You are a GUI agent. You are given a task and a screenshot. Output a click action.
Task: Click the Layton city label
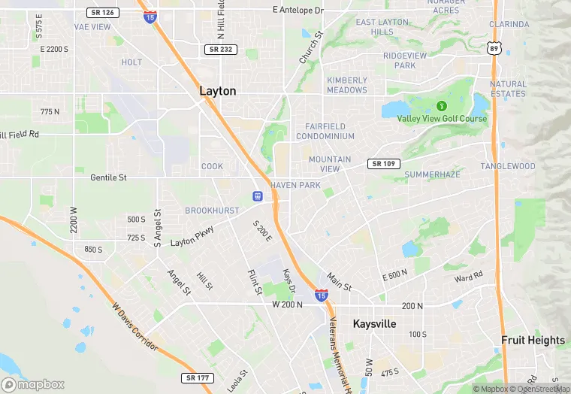pyautogui.click(x=217, y=91)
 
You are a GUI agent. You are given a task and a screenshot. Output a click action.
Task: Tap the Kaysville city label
pyautogui.click(x=374, y=323)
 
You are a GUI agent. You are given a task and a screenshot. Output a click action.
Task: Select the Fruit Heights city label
pyautogui.click(x=533, y=340)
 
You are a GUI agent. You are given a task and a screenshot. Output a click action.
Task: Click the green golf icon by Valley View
pyautogui.click(x=442, y=105)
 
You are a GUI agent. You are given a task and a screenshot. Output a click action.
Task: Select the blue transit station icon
pyautogui.click(x=257, y=197)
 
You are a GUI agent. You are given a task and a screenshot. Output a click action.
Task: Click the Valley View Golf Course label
pyautogui.click(x=442, y=119)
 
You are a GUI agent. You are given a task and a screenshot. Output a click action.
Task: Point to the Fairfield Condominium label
pyautogui.click(x=325, y=132)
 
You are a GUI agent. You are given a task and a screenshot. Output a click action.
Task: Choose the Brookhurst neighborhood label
pyautogui.click(x=212, y=211)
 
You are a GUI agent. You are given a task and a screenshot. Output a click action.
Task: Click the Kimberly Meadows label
pyautogui.click(x=347, y=85)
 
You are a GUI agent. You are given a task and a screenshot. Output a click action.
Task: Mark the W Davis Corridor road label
pyautogui.click(x=135, y=327)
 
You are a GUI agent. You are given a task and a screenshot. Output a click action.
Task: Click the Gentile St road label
pyautogui.click(x=108, y=177)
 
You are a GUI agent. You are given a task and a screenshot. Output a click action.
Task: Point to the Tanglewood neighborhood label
pyautogui.click(x=508, y=166)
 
